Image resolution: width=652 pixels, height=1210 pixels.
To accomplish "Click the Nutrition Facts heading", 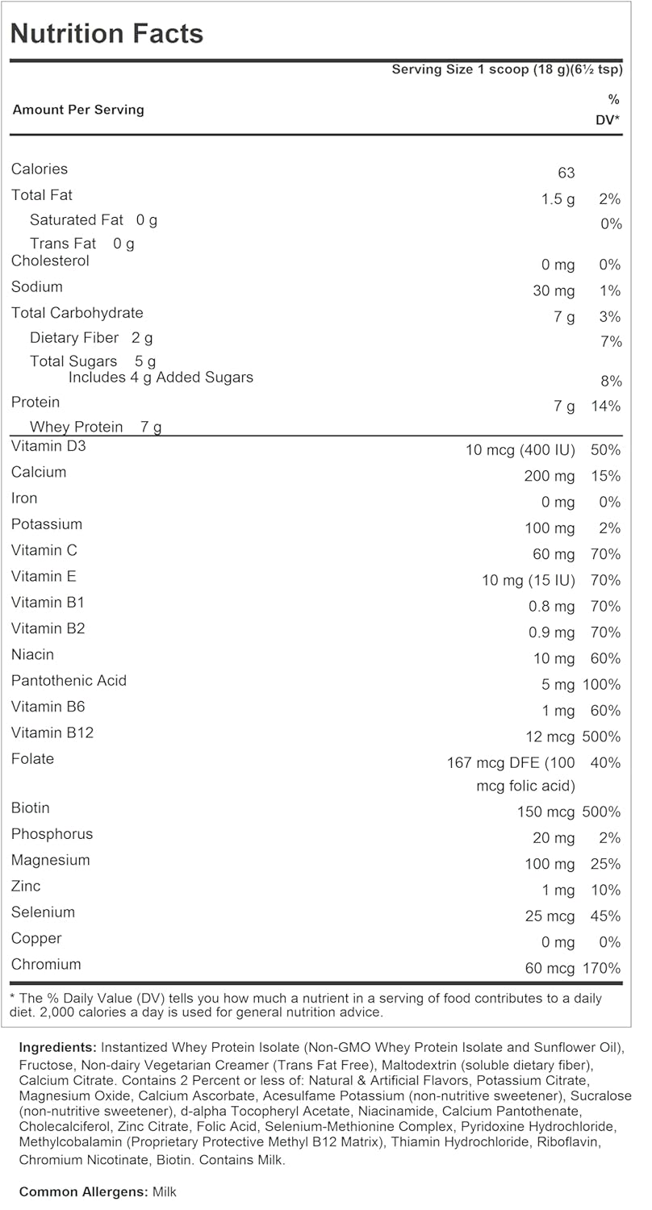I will (107, 34).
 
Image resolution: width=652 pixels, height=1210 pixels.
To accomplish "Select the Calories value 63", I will (566, 173).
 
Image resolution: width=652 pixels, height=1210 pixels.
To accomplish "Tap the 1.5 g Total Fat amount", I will (558, 199).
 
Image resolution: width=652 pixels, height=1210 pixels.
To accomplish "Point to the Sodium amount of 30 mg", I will (554, 290).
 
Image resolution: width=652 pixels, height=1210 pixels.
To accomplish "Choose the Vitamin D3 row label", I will (48, 446).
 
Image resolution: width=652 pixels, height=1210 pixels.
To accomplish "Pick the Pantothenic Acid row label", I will (69, 680).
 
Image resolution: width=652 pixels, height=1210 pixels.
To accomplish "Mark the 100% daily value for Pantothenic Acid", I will (601, 685).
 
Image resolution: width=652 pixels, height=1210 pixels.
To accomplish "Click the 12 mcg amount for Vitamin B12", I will (550, 736).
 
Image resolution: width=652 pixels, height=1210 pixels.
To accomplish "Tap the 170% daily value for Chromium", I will (601, 968).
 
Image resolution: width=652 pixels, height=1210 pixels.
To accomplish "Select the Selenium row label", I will (43, 912).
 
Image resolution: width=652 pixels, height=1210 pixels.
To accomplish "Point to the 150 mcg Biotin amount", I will (546, 812).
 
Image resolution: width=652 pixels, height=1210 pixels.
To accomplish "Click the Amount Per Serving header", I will (78, 110).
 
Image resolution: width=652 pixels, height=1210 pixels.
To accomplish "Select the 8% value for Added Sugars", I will (611, 381).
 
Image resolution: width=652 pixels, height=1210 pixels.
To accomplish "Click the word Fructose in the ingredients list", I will (44, 1064).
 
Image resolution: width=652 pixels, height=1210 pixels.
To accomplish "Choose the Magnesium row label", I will (50, 860).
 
